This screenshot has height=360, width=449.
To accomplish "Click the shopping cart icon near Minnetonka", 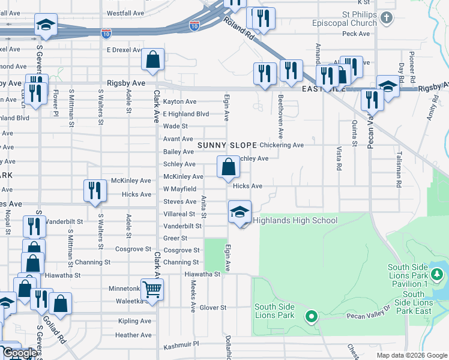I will (152, 289).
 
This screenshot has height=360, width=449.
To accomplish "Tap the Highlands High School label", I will (295, 220).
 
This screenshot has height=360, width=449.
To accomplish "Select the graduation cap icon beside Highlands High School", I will (240, 212).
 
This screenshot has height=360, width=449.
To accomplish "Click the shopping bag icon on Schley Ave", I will (228, 167).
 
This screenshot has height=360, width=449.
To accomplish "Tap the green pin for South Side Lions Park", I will (311, 316).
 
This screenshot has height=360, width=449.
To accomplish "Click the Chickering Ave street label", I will (282, 145).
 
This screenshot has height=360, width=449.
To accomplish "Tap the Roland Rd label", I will (240, 31).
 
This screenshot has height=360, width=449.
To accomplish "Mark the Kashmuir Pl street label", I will (181, 347).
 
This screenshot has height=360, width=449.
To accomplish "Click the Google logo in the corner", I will (19, 353).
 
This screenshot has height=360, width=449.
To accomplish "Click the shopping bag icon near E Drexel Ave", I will (153, 59).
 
